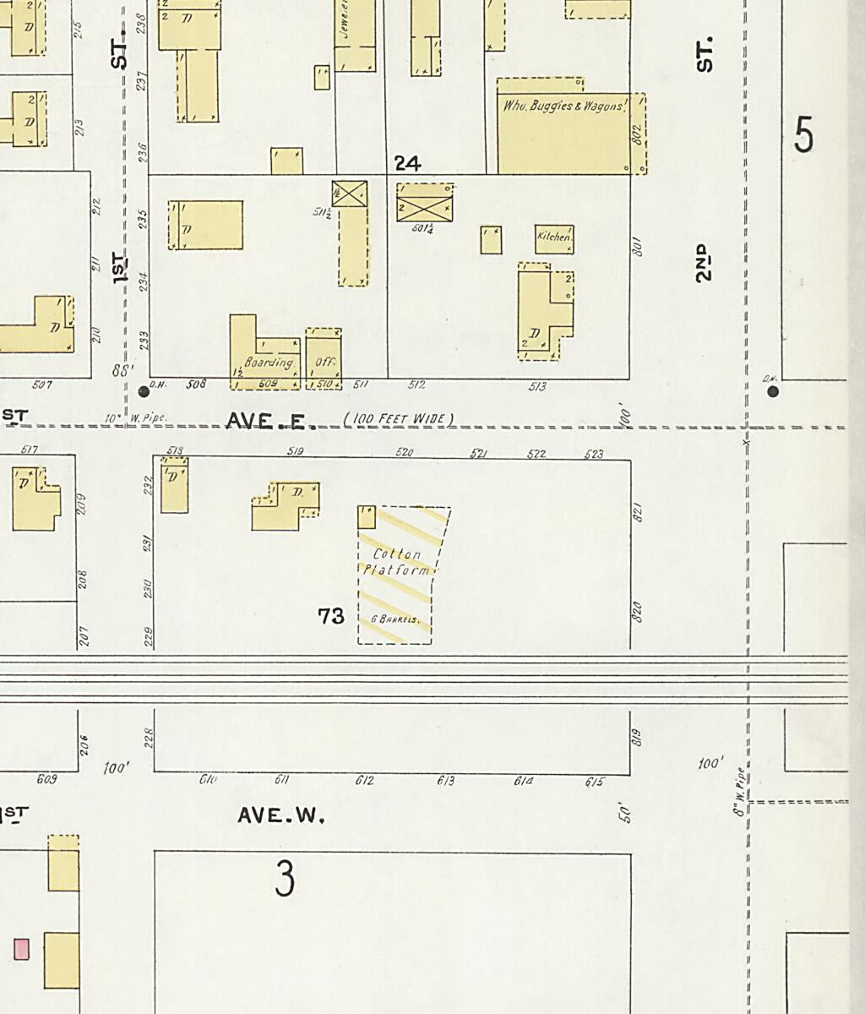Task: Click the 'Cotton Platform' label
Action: pos(397,562)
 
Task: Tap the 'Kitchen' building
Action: pos(554,239)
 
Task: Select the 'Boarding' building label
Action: pos(268,363)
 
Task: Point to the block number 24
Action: pos(407,162)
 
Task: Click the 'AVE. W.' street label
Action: pos(280,816)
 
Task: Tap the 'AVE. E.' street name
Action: pos(269,421)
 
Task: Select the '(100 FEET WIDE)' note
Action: pos(398,419)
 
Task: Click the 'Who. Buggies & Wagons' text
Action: pos(564,107)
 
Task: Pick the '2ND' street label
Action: pos(704,262)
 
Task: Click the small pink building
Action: pos(21,949)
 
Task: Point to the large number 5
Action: pos(803,135)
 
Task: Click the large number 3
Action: pos(285,879)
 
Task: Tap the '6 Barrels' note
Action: pos(395,619)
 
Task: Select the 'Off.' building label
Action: pos(325,363)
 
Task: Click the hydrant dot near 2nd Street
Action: pos(773,391)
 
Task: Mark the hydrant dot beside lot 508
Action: pos(143,390)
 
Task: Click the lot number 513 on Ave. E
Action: pos(537,387)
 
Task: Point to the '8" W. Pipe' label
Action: pos(740,792)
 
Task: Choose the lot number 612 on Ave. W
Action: pos(364,782)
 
